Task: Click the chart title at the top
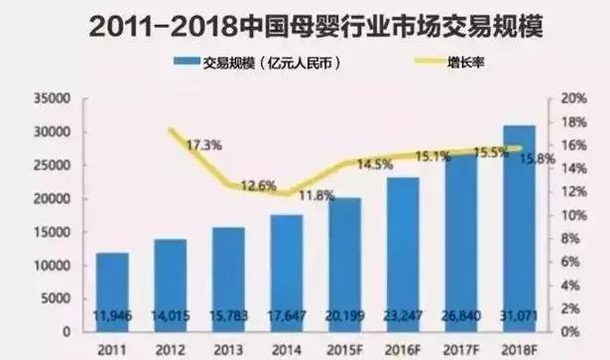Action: (x=305, y=26)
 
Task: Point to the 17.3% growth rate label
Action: (x=202, y=145)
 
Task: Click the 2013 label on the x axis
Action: (x=227, y=349)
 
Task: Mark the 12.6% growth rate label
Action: (x=259, y=184)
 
